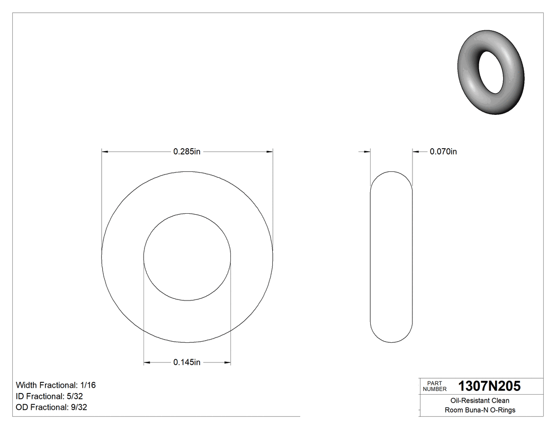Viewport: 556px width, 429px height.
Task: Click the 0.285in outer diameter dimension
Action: [x=187, y=152]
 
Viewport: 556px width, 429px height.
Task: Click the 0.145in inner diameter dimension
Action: [x=187, y=362]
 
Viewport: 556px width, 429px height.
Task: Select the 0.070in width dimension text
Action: [x=443, y=152]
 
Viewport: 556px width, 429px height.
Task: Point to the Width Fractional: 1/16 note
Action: [x=56, y=385]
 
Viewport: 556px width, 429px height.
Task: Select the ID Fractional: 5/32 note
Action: [x=49, y=396]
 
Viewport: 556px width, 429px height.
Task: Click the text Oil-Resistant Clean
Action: [x=480, y=400]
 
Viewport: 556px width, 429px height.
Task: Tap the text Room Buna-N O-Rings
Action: [x=480, y=410]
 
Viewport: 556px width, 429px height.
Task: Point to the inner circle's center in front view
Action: [x=187, y=257]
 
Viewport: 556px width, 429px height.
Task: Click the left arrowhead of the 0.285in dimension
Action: [x=105, y=152]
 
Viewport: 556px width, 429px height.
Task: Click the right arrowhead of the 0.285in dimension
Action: [x=270, y=152]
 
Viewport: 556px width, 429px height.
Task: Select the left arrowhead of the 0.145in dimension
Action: [x=147, y=362]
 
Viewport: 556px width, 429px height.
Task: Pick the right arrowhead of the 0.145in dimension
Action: [x=227, y=362]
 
